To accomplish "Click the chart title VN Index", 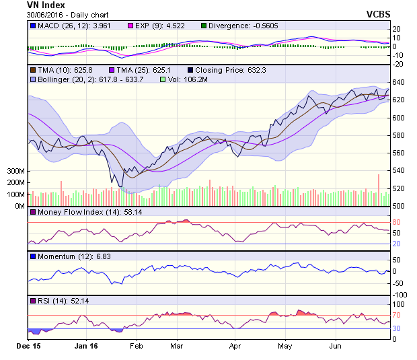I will pyautogui.click(x=46, y=5).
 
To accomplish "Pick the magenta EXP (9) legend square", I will pyautogui.click(x=132, y=26).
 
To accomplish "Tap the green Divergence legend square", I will pyautogui.click(x=204, y=26).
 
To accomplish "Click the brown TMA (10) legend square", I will pyautogui.click(x=32, y=69).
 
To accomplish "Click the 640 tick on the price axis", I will pyautogui.click(x=400, y=83).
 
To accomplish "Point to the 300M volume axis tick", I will pyautogui.click(x=15, y=172).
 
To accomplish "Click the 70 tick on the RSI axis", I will pyautogui.click(x=397, y=315).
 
